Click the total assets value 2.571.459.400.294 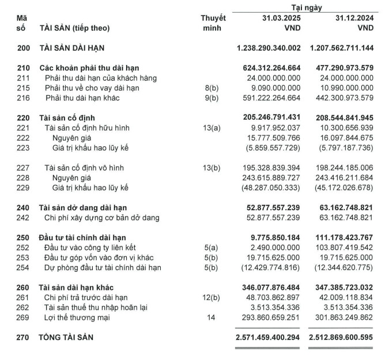click(268, 336)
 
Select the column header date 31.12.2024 click(354, 18)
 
